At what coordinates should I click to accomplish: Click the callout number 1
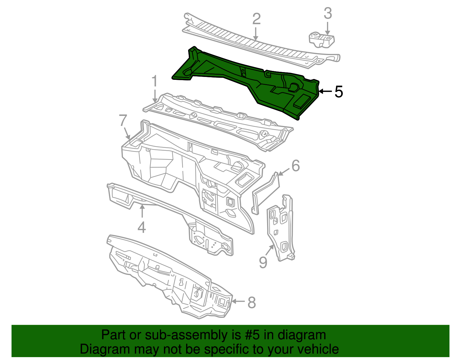click(155, 81)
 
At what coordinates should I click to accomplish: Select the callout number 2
click(256, 19)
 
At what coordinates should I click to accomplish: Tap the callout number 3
click(328, 13)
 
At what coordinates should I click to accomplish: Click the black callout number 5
click(339, 92)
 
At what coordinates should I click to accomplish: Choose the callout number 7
click(123, 120)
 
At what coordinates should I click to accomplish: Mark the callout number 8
click(252, 303)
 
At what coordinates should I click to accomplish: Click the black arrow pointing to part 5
click(325, 91)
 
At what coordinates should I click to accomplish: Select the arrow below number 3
click(328, 29)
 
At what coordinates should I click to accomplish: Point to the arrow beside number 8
click(239, 301)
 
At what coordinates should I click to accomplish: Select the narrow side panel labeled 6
click(265, 193)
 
